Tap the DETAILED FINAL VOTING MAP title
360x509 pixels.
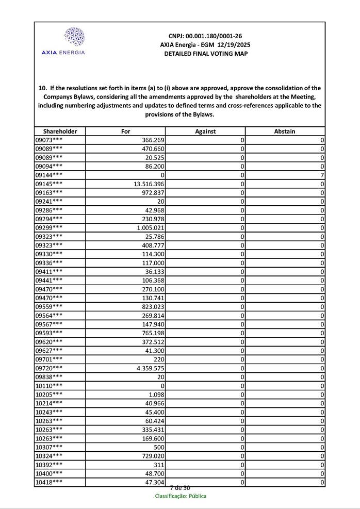pos(205,54)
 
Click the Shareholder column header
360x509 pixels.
pos(60,132)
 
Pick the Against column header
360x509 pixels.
pos(205,132)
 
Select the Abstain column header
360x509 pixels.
pos(285,132)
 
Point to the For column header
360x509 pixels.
pos(125,132)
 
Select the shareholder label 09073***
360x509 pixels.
pos(49,140)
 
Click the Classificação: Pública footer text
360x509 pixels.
pos(181,496)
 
